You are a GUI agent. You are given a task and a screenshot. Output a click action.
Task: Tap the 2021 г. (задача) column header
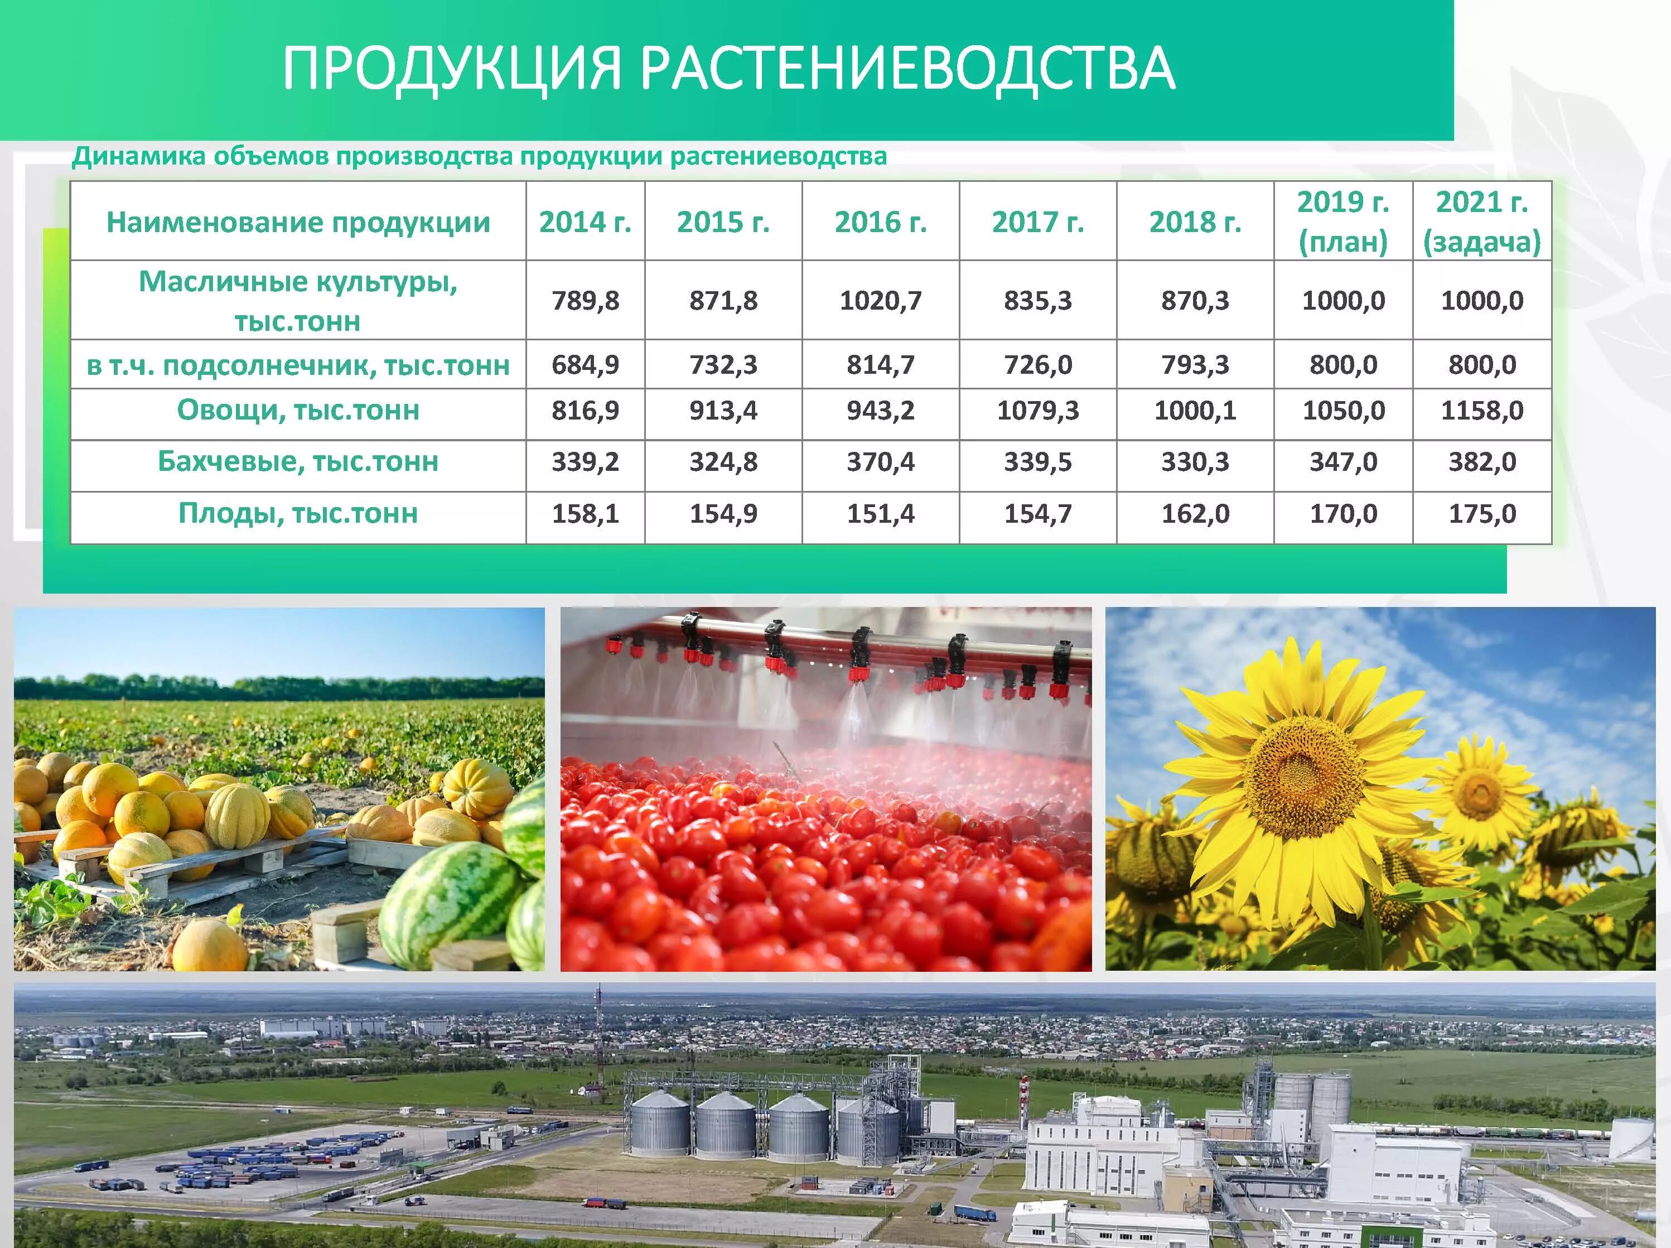click(1481, 222)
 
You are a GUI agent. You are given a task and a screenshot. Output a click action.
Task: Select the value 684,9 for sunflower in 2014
click(585, 365)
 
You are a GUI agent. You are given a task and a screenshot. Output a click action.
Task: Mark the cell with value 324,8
click(723, 461)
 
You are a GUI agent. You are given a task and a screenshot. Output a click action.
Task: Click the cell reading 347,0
click(1342, 461)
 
